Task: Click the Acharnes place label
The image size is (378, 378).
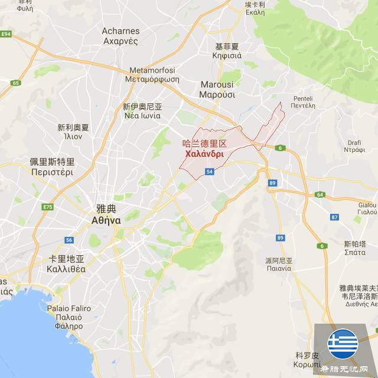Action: (120, 31)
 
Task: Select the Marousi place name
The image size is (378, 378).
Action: (217, 84)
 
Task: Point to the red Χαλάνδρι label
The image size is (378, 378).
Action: (204, 154)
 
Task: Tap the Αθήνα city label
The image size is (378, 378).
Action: (106, 220)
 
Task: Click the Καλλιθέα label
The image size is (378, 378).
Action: (66, 269)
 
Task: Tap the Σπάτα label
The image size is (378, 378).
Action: (354, 252)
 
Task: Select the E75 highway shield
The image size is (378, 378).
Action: (48, 207)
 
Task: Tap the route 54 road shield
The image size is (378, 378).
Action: (210, 171)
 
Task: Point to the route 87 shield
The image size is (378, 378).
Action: (334, 217)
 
